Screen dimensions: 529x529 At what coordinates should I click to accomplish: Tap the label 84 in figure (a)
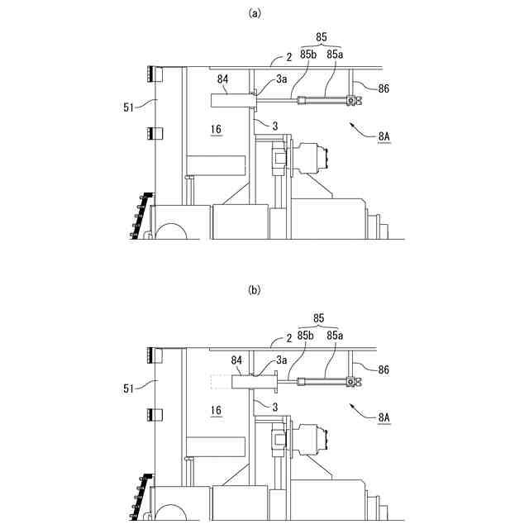point(222,79)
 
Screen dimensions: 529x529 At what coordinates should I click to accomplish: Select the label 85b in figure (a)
point(307,54)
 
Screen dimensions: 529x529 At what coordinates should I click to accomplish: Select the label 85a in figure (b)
point(335,336)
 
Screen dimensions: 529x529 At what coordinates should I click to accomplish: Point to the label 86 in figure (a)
point(384,88)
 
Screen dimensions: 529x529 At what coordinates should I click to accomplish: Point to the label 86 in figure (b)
point(384,369)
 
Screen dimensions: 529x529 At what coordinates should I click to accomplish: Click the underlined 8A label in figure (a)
point(384,137)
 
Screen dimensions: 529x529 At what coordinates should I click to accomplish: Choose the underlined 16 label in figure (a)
point(216,130)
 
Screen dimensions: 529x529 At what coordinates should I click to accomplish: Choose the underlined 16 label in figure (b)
point(216,411)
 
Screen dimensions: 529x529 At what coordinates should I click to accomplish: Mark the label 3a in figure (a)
point(282,79)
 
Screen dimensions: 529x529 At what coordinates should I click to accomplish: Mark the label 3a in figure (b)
point(282,360)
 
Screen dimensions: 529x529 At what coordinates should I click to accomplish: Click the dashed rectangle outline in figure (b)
point(221,382)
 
